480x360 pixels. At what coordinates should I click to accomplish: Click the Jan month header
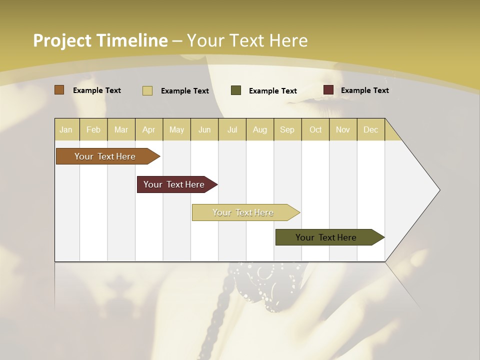pos(66,129)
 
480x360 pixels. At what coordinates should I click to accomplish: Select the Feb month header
pos(93,129)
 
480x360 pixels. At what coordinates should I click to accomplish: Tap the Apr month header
pos(148,129)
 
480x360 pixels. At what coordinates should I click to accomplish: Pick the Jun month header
pos(204,129)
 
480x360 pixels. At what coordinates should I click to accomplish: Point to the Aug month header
pos(259,129)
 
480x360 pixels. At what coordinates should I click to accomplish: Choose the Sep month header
pos(287,129)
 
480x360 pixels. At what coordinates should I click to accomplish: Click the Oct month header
pos(315,129)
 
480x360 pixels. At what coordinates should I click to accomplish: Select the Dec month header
pos(370,129)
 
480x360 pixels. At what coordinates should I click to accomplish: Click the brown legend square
pos(59,90)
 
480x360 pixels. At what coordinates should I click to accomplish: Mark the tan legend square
pos(147,90)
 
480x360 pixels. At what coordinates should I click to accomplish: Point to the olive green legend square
pos(236,90)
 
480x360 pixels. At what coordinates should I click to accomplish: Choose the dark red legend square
pos(328,90)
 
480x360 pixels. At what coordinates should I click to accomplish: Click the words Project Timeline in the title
pos(100,40)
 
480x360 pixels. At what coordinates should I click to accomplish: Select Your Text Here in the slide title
pos(247,40)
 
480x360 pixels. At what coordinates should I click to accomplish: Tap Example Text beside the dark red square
pos(364,90)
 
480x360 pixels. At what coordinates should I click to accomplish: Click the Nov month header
pos(343,129)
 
